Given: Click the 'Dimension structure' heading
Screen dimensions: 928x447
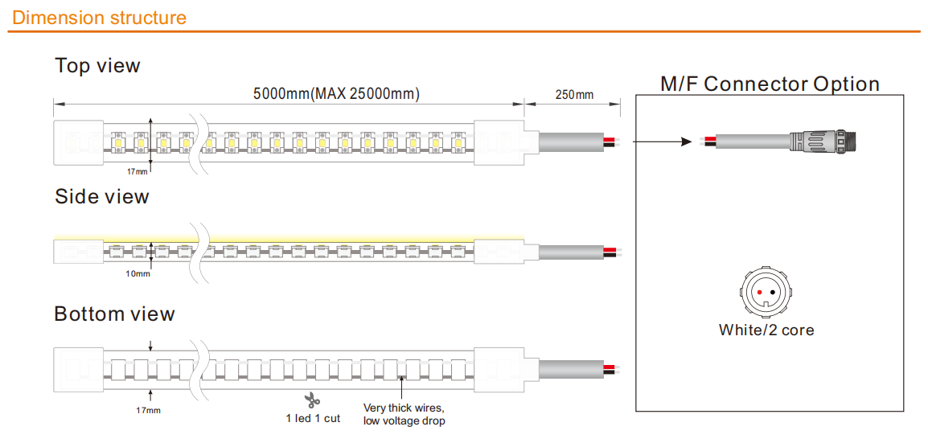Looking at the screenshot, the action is (x=99, y=17).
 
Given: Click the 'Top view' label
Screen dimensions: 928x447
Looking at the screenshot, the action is (x=97, y=65).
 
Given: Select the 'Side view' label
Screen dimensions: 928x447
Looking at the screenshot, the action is (x=102, y=196).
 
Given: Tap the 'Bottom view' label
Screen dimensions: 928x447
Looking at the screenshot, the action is (x=114, y=314).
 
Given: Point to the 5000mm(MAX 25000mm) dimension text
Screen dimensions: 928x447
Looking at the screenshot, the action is (x=336, y=93).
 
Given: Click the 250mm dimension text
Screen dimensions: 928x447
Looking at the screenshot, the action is (x=574, y=95).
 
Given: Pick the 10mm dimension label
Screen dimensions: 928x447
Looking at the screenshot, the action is (x=138, y=273).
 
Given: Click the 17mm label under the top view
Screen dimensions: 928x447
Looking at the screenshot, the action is (x=138, y=172).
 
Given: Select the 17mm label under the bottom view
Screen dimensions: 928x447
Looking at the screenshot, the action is (x=149, y=410).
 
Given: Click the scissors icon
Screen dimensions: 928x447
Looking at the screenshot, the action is (x=312, y=401).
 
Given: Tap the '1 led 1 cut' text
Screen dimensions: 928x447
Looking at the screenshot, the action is (x=313, y=419).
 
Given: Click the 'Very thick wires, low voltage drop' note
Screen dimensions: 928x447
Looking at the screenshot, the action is (x=404, y=414).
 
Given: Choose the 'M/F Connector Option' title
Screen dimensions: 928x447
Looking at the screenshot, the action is (x=770, y=84).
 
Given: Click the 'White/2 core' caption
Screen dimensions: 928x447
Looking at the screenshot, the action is (x=766, y=330).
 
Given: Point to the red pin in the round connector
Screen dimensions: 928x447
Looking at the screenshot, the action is (x=759, y=293).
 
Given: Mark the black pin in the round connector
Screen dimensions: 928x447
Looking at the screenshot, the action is (x=773, y=293).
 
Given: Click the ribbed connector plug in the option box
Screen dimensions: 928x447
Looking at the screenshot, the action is (x=823, y=141).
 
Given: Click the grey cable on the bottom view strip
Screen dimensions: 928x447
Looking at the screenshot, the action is (x=571, y=368).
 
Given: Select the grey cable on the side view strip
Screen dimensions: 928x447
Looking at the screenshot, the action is (x=571, y=252).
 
